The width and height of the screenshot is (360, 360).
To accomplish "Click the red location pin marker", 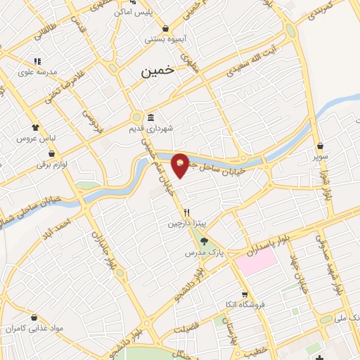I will pyautogui.click(x=180, y=165).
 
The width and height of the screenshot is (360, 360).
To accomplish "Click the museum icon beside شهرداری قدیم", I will pyautogui.click(x=151, y=117).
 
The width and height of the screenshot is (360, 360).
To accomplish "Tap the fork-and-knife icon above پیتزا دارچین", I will pyautogui.click(x=186, y=212).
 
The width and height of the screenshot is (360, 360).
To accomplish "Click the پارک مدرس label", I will pyautogui.click(x=205, y=252).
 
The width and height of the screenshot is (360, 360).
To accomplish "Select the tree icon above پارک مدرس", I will pyautogui.click(x=205, y=240).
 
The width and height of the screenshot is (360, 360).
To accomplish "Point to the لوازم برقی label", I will pyautogui.click(x=51, y=165).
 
